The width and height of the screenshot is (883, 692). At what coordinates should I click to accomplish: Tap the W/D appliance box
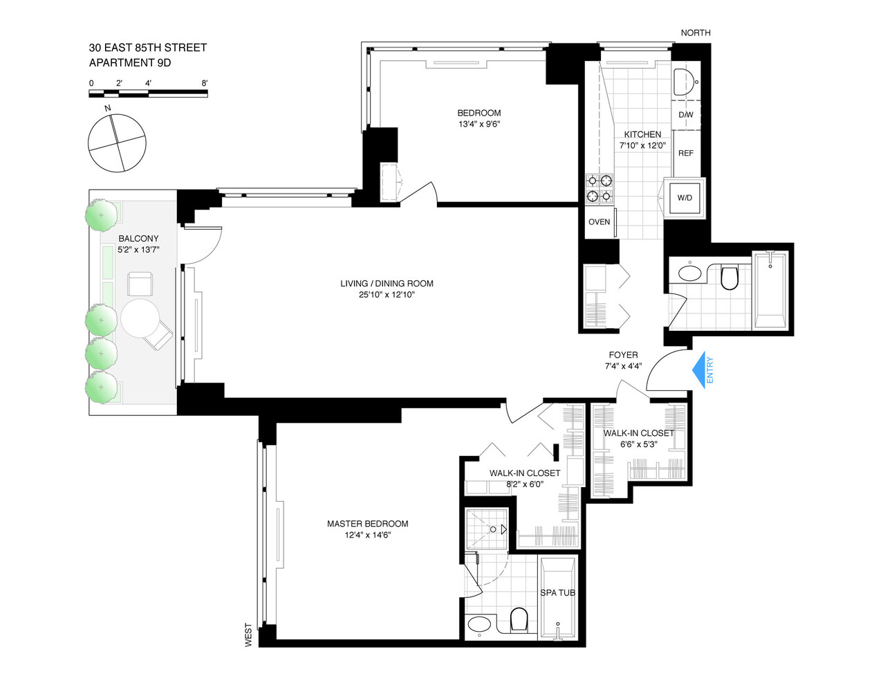point(685,198)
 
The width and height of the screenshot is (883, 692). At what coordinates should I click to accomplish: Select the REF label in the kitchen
point(685,154)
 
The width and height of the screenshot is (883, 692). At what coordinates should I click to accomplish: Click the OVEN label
point(599,222)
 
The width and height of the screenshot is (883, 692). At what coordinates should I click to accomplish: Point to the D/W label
point(685,115)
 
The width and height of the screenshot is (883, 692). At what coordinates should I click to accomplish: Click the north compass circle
point(117,143)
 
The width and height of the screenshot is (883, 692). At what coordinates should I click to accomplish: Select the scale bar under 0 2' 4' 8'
point(148,93)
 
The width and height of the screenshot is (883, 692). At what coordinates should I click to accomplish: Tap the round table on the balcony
point(140,318)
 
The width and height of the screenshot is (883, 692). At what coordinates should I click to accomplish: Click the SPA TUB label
point(557,593)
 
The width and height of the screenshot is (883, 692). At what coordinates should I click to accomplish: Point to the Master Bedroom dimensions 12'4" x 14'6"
point(367,535)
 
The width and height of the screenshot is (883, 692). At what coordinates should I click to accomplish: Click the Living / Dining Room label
point(387,284)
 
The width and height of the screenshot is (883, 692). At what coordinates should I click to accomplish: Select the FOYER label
point(623,355)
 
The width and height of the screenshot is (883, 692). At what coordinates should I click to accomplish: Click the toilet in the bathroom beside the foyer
point(729,277)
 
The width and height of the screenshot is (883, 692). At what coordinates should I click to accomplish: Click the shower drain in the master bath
point(493,529)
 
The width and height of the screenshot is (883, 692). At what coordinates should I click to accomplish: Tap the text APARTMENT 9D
point(130,63)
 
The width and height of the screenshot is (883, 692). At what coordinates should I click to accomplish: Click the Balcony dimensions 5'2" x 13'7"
point(138,250)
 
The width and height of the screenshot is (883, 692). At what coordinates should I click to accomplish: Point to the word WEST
point(248,635)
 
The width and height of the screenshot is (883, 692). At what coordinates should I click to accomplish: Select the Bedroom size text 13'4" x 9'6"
point(479,124)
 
